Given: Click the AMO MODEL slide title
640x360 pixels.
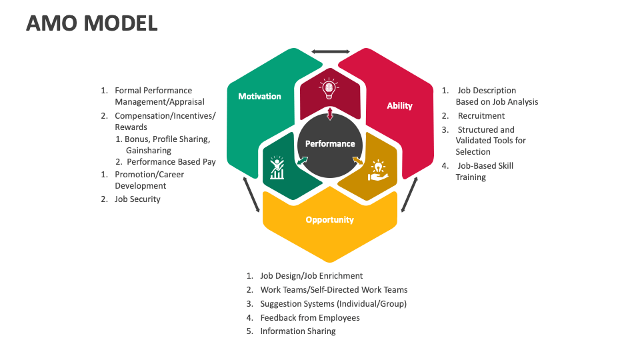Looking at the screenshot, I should click(91, 23).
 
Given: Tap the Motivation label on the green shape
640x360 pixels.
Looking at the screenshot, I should click(259, 96).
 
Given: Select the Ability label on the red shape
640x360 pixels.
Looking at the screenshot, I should click(399, 105).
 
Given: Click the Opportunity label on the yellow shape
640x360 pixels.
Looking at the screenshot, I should click(329, 219).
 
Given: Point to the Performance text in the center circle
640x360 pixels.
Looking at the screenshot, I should click(330, 143).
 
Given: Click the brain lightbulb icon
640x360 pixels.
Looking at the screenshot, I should click(329, 88).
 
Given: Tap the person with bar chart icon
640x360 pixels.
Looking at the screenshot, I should click(277, 167).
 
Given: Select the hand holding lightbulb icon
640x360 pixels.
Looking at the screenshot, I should click(377, 169).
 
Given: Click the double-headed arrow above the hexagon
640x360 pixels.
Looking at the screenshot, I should click(331, 51).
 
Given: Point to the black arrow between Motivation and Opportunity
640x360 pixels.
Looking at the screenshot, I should click(251, 195).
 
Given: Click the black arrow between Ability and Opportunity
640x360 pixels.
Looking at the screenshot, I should click(409, 195).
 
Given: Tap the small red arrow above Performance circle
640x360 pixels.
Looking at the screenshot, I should click(330, 114).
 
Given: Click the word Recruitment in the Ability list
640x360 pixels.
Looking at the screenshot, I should click(481, 116).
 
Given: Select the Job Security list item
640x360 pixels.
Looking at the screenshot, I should click(137, 199).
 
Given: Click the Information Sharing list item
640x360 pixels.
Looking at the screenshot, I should click(297, 331).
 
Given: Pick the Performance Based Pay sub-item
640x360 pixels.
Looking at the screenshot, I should click(171, 161).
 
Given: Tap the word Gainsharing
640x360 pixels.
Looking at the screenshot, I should click(148, 151).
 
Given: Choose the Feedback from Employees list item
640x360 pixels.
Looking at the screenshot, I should click(309, 317).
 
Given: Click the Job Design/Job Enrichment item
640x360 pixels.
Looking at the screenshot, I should click(311, 275).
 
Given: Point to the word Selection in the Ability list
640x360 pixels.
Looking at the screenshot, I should click(473, 152).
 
